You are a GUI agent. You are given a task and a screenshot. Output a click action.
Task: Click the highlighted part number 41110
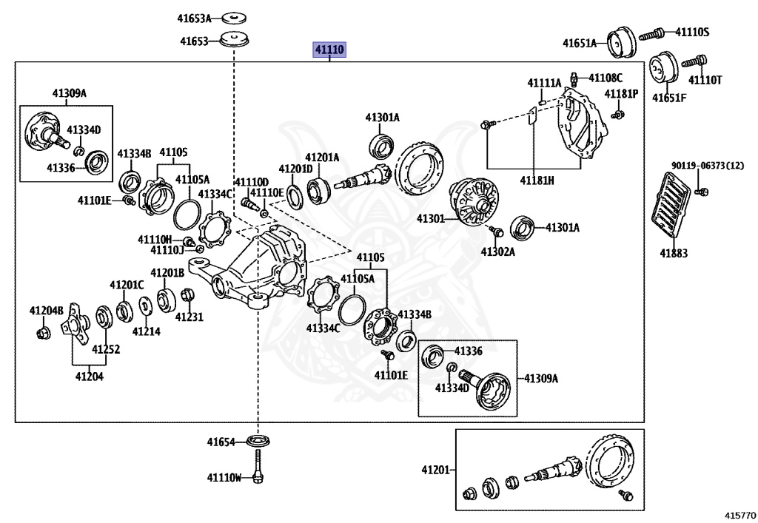click(330, 50)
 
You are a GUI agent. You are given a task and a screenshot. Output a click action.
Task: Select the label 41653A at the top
click(193, 18)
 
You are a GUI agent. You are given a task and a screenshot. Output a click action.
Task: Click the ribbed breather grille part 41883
click(671, 204)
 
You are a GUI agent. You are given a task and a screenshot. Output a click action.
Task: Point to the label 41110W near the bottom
click(224, 478)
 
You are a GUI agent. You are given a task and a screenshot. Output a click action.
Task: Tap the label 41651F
click(669, 97)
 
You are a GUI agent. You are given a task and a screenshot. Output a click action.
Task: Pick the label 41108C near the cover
click(606, 77)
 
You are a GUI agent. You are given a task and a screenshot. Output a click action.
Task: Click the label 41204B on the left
click(47, 310)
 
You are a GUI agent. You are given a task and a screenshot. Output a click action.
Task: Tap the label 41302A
click(497, 252)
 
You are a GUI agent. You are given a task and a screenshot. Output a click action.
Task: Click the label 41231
click(189, 317)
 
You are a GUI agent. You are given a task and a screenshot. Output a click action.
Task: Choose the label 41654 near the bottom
click(221, 442)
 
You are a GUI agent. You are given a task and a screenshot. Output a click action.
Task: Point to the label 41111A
click(544, 82)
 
